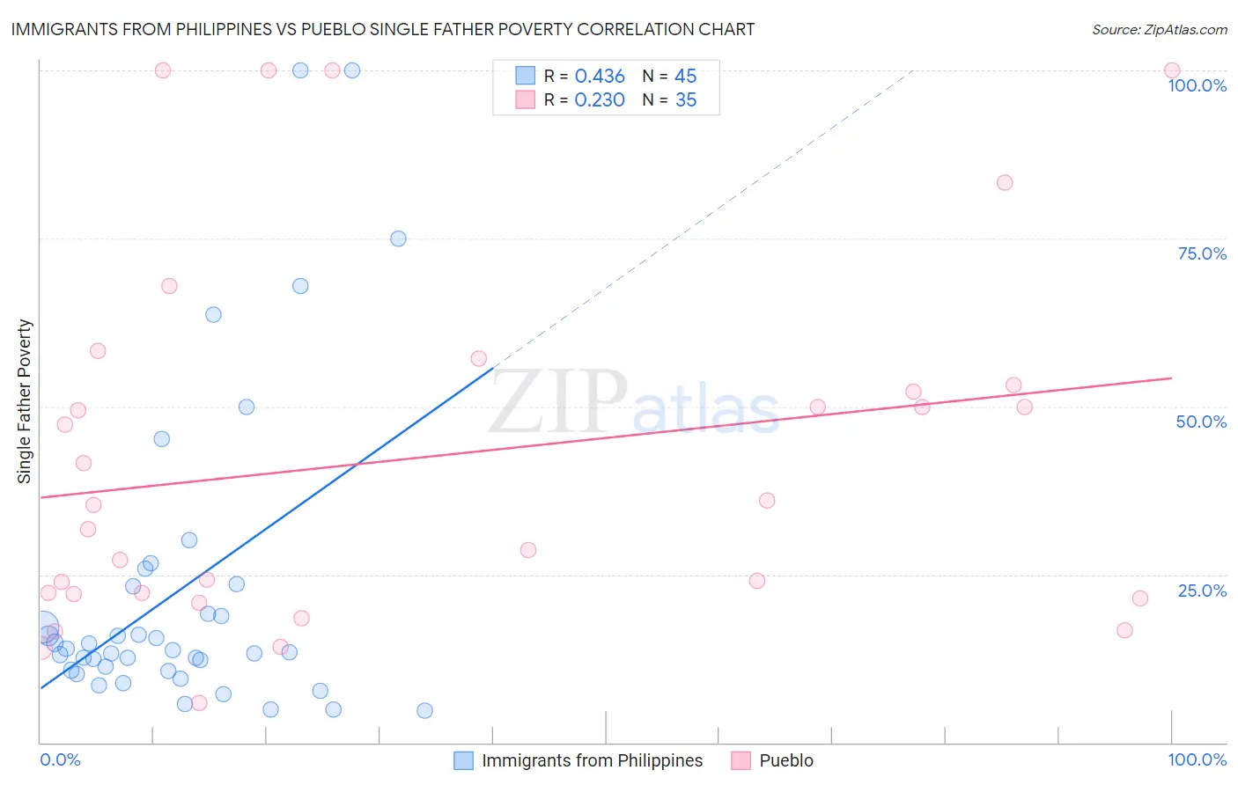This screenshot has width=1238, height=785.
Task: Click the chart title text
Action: (382, 29)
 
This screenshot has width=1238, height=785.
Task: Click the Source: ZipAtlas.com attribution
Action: (1159, 30)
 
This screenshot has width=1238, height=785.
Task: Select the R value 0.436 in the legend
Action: (600, 77)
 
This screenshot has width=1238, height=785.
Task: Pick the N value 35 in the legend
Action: (686, 100)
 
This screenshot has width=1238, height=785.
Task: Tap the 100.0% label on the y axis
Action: (1197, 85)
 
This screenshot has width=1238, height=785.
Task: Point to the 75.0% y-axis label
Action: (1202, 253)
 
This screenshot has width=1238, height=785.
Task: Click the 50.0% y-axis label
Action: (1201, 422)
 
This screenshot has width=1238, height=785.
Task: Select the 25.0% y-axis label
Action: (1202, 591)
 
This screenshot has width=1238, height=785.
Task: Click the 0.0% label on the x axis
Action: (60, 759)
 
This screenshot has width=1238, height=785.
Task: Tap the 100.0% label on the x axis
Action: (1197, 759)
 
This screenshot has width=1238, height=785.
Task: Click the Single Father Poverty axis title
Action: (25, 401)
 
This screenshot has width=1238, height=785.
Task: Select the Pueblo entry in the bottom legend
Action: (786, 760)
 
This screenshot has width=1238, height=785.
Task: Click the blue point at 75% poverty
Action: (398, 238)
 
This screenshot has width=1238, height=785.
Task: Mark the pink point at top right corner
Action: (1172, 70)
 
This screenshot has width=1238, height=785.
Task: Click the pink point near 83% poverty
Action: (1005, 183)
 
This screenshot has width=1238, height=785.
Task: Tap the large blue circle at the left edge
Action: (42, 627)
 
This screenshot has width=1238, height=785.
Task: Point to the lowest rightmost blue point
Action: (424, 710)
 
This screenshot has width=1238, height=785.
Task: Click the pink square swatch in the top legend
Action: (525, 99)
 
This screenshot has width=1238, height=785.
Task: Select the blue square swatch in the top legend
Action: (525, 76)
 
